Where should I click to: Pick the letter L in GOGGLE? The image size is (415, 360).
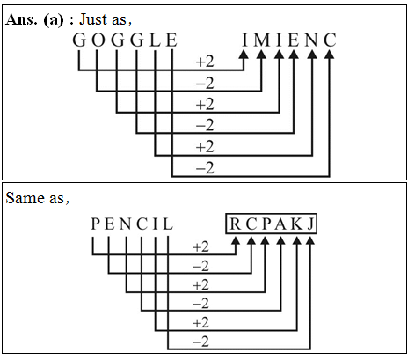[x=155, y=40]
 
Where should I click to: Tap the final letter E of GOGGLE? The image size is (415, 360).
[x=172, y=40]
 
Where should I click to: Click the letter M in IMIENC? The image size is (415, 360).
[x=262, y=40]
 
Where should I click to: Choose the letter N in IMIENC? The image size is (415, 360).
[x=312, y=40]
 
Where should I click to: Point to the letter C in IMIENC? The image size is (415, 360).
[x=330, y=40]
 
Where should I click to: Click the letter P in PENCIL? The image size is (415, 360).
[x=94, y=226]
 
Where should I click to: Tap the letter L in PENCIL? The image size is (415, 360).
[x=167, y=226]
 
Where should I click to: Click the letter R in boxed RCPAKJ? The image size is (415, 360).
[x=236, y=226]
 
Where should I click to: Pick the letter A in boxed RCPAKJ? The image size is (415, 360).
[x=280, y=226]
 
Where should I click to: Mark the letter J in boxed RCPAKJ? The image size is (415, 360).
[x=313, y=226]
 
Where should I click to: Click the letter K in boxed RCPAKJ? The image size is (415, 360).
[x=297, y=226]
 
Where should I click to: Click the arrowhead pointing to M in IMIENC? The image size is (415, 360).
[x=262, y=55]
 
